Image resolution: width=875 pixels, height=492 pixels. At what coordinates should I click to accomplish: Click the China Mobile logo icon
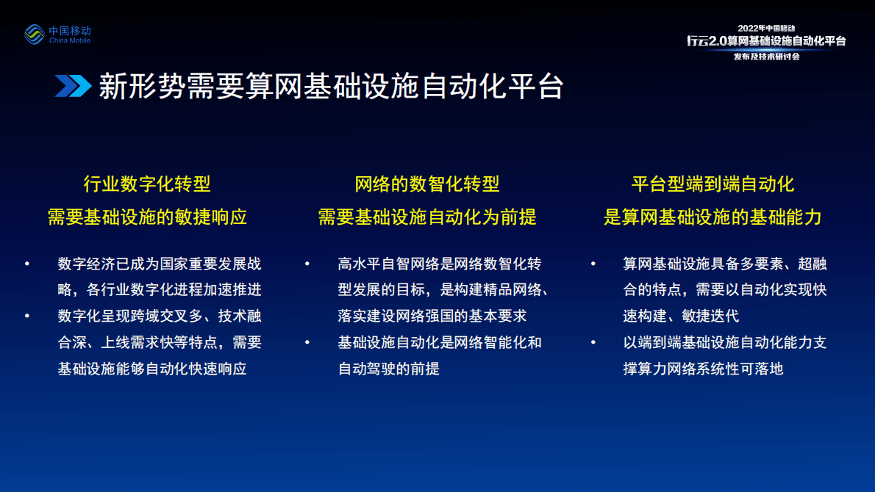pos(35,35)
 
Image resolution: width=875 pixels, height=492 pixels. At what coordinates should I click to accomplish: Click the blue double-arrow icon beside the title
pos(73,86)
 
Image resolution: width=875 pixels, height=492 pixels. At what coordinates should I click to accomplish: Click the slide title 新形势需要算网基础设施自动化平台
pos(331,86)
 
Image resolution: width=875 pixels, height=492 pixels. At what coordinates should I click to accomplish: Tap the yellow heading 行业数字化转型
pos(148,184)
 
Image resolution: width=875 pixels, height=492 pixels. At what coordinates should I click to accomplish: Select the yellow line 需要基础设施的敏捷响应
pos(148,217)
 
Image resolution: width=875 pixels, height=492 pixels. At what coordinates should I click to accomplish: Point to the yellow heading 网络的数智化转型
pos(427,184)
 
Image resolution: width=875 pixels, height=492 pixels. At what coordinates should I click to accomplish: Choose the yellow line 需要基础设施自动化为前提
pos(427,217)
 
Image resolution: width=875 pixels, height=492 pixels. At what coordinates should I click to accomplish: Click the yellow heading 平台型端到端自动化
pos(712,184)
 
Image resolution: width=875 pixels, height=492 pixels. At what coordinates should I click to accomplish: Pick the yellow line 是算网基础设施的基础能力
pos(712,217)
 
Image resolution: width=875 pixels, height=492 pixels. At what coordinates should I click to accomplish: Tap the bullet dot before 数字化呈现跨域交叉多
pos(27,316)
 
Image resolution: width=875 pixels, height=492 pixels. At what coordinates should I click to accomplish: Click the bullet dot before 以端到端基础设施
pos(593,342)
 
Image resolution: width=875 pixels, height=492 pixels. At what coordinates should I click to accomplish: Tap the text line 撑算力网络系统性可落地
pos(703,369)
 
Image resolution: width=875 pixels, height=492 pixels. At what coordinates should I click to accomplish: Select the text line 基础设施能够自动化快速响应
pos(152,369)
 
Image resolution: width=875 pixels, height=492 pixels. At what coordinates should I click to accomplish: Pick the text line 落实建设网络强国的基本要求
pos(432,316)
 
